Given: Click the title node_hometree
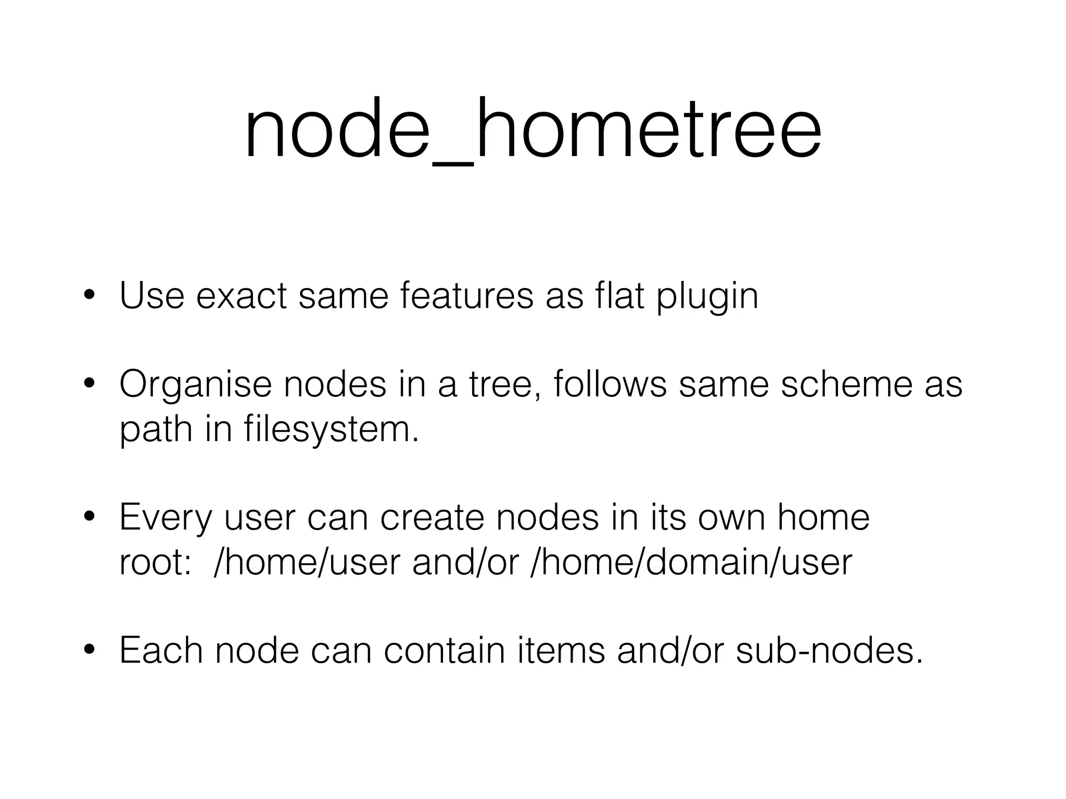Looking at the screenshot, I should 532,130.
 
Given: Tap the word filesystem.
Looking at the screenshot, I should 331,430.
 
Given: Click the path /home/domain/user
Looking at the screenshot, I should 691,562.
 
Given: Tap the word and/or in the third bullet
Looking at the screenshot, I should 465,562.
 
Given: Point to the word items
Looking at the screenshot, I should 562,650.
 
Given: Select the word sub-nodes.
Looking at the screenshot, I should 830,650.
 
